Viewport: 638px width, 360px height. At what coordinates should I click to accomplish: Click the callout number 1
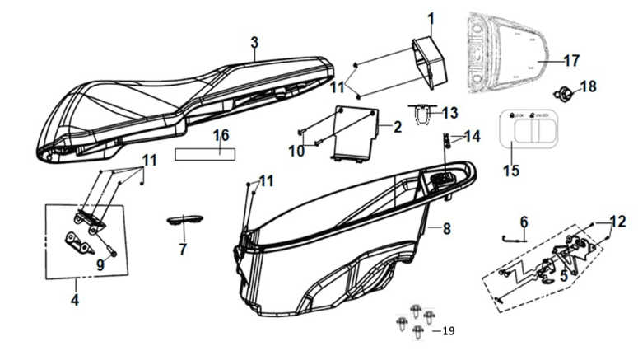coord(430,16)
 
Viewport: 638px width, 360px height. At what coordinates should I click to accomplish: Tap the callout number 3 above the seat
coord(254,42)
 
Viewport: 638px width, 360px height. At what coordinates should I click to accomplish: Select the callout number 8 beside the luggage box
coord(446,228)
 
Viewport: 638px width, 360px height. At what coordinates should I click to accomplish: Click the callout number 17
coord(571,60)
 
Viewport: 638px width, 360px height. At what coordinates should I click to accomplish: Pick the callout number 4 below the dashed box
coord(75,300)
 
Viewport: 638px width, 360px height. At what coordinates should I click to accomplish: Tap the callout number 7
coord(183,248)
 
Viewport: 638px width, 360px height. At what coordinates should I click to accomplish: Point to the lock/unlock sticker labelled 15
coord(525,130)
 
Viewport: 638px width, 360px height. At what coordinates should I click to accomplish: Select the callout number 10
coord(296,150)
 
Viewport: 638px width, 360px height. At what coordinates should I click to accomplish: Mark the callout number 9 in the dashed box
coord(100,264)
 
